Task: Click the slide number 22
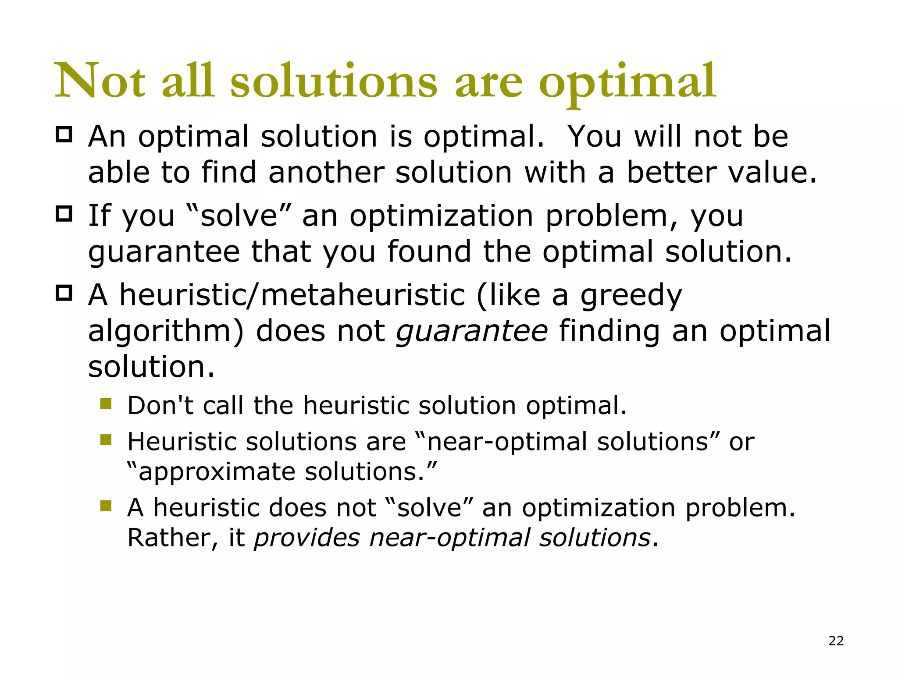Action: (836, 641)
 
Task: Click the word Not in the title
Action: (100, 81)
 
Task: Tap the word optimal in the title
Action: (627, 83)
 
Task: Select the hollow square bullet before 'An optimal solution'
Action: (64, 135)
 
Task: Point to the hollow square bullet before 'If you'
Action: (64, 214)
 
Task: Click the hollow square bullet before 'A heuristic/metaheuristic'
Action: (64, 293)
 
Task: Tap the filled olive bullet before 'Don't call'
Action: (106, 404)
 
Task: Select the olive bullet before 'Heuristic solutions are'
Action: (106, 439)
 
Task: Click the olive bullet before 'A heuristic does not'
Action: (106, 506)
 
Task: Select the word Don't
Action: (160, 405)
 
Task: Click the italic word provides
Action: (307, 538)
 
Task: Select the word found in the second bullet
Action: (429, 251)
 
